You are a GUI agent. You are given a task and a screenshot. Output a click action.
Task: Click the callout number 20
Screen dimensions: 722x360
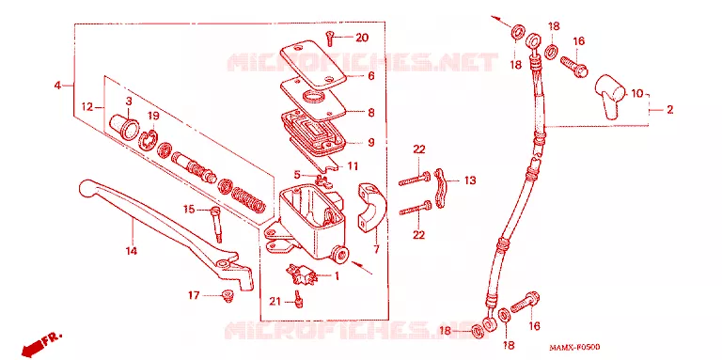coord(362,38)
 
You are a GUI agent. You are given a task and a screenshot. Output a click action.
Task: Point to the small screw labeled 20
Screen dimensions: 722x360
coord(330,38)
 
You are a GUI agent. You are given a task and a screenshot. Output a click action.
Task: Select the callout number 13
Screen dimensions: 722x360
coord(470,180)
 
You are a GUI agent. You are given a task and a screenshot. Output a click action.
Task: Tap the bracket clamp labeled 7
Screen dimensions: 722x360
coord(371,207)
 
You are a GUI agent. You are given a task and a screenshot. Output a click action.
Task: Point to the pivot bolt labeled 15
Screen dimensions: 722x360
coord(216,225)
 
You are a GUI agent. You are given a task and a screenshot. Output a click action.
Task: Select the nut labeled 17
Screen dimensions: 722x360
coord(227,296)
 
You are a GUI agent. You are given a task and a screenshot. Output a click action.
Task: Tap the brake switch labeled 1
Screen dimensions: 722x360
coord(301,274)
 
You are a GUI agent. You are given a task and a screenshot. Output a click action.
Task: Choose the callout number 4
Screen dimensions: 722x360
coord(57,86)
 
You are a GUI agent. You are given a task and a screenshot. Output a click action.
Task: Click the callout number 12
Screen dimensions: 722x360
coord(87,107)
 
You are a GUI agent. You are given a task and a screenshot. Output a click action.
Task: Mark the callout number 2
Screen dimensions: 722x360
coord(669,110)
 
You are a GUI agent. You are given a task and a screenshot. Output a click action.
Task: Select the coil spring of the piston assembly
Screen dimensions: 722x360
coord(248,199)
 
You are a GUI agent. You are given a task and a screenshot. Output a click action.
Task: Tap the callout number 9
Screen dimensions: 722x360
coord(370,142)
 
